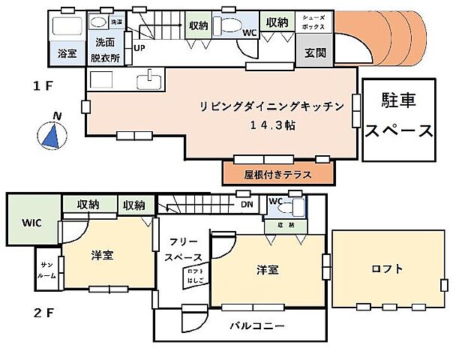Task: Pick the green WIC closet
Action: click(31, 223)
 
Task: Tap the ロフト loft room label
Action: click(386, 268)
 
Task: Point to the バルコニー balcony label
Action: click(256, 326)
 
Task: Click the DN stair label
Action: click(246, 203)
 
